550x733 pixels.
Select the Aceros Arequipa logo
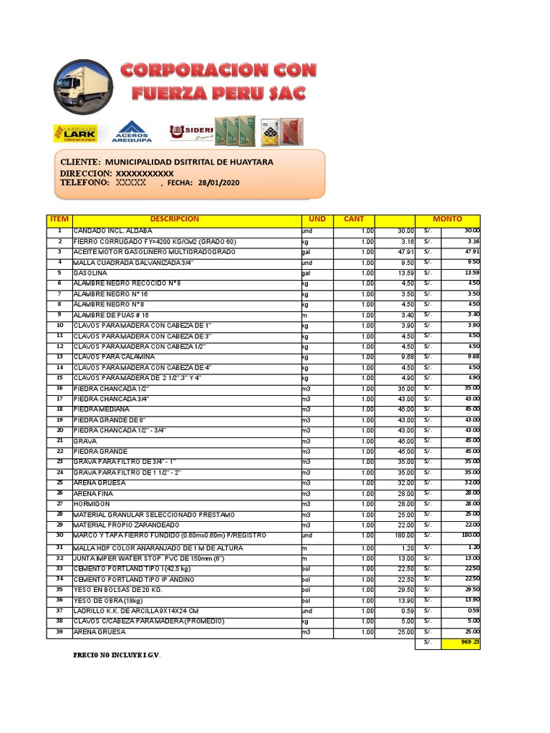(x=131, y=131)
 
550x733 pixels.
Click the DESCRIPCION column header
(x=175, y=219)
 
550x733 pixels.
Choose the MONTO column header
(x=448, y=219)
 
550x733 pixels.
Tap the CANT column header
(x=354, y=219)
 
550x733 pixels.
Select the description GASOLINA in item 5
(x=90, y=273)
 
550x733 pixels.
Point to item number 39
(x=59, y=632)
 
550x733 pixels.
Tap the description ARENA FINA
(x=94, y=494)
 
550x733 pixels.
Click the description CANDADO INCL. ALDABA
(x=112, y=231)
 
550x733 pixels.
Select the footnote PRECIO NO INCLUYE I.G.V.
(x=117, y=655)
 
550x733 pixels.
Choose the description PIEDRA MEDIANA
(x=102, y=409)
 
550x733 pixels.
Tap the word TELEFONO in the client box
(x=85, y=183)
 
